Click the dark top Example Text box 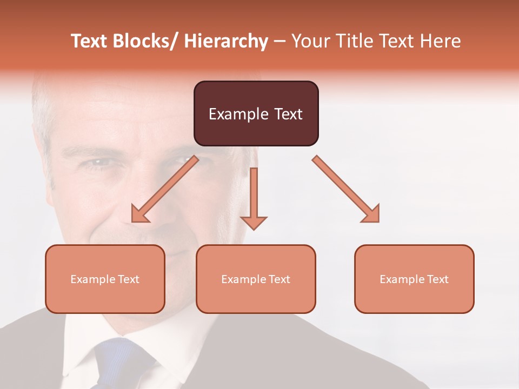tap(256, 113)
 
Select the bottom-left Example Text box tap(105, 279)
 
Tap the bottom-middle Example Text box tap(256, 279)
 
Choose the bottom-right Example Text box tap(414, 279)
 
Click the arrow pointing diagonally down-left tap(165, 189)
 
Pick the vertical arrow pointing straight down tap(254, 197)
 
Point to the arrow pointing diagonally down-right tap(346, 189)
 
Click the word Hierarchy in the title tap(226, 41)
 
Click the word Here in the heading tap(441, 41)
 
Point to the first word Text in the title tap(89, 41)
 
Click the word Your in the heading tap(310, 41)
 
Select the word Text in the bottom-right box tap(437, 279)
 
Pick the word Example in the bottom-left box tap(92, 279)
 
